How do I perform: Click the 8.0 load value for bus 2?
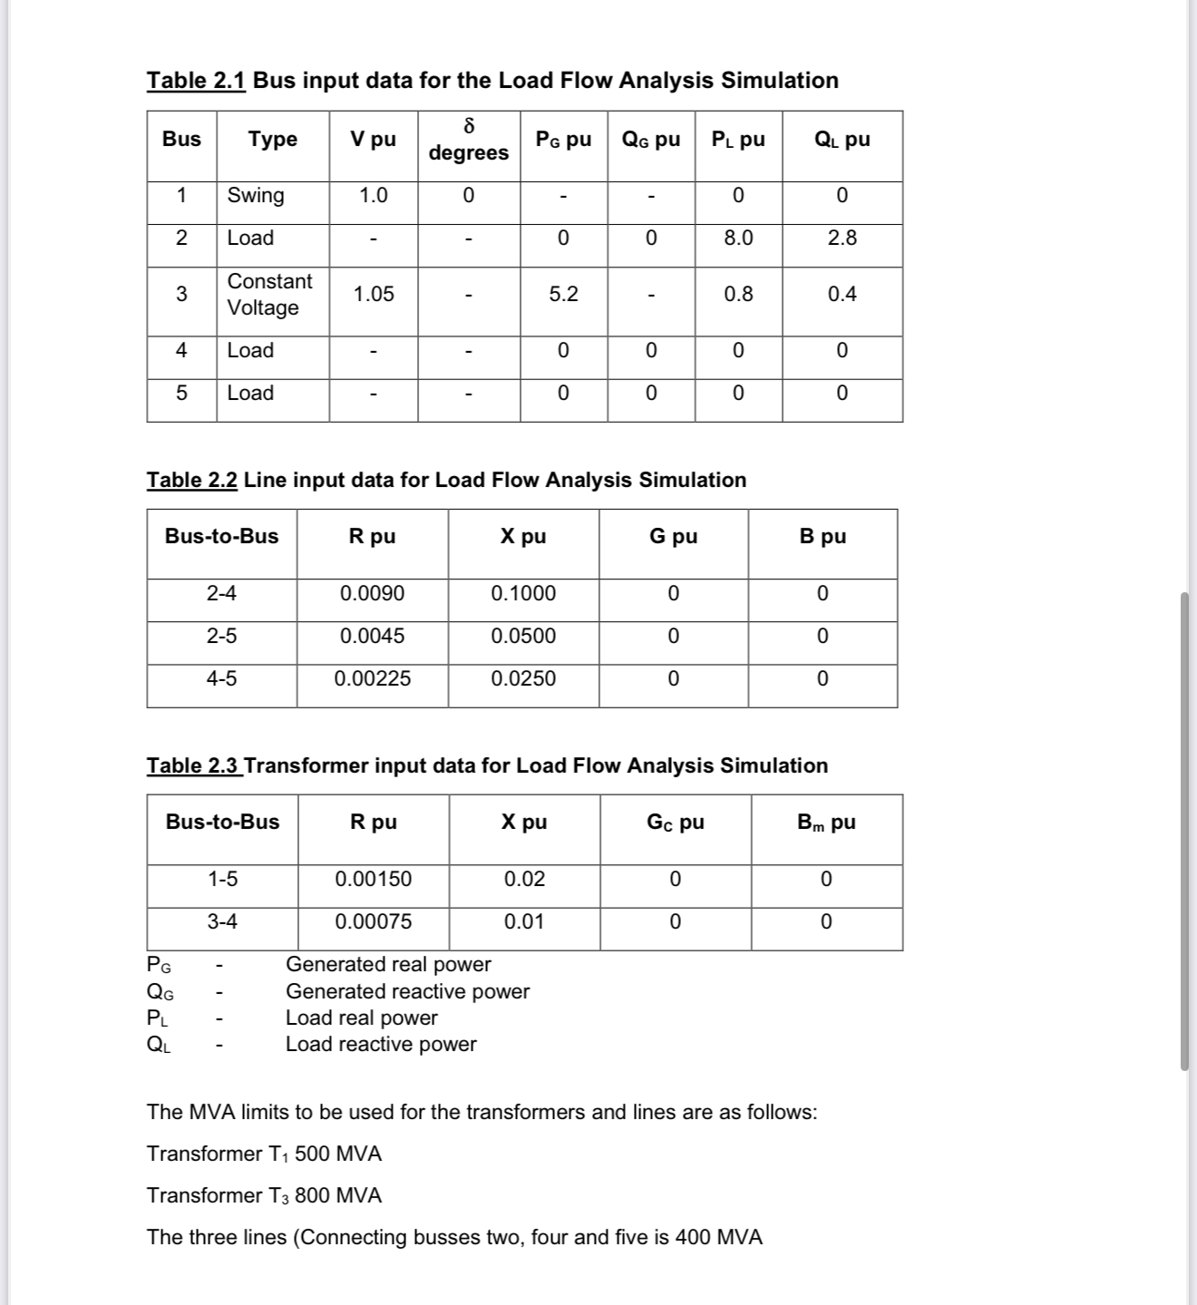[738, 239]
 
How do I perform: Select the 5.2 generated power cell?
[563, 295]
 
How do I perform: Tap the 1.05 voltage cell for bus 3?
[374, 295]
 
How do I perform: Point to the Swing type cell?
[256, 196]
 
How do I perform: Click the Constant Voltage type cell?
[269, 295]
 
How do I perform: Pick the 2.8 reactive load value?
[842, 239]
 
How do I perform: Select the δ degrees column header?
[469, 140]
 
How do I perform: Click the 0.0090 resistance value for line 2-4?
[372, 594]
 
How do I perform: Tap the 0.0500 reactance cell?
[523, 637]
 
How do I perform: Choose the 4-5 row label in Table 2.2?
[221, 679]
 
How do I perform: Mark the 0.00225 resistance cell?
[372, 679]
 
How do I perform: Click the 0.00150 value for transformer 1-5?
[373, 880]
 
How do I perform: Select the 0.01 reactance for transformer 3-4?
[524, 922]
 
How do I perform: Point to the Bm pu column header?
[826, 823]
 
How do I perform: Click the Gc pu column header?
[675, 823]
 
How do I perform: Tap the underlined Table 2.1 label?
[196, 81]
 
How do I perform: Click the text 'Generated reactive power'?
[407, 992]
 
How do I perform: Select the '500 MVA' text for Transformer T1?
[338, 1154]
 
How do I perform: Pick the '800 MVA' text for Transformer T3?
[338, 1196]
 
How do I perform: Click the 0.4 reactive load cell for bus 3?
[842, 295]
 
